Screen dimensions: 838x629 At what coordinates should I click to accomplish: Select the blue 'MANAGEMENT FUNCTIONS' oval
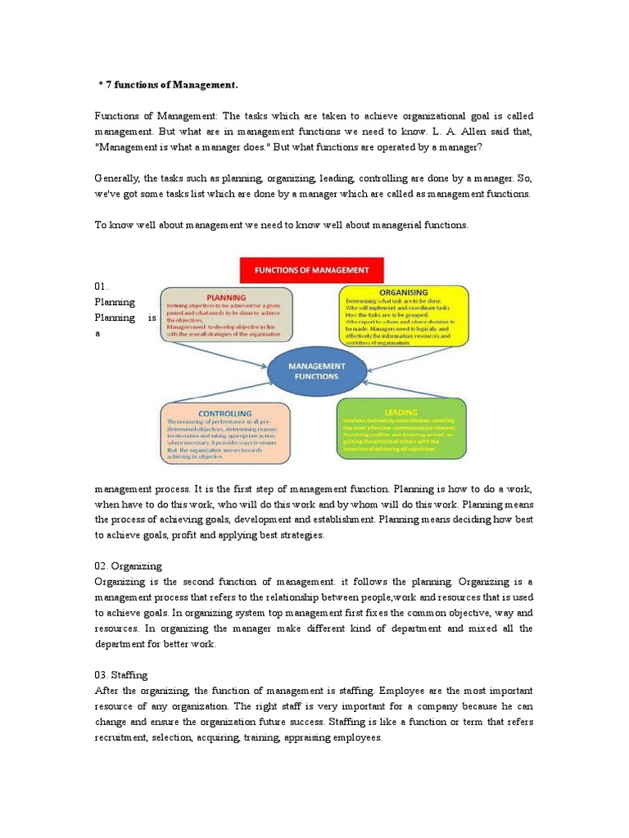point(314,371)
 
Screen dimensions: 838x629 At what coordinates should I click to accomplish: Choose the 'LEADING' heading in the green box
point(400,412)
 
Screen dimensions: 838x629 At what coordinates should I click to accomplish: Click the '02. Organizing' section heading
point(129,565)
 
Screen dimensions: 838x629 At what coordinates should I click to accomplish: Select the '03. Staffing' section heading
point(121,674)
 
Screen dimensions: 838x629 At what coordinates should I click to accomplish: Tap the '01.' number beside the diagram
point(102,286)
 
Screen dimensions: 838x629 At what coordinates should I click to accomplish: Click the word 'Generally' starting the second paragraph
point(118,178)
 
